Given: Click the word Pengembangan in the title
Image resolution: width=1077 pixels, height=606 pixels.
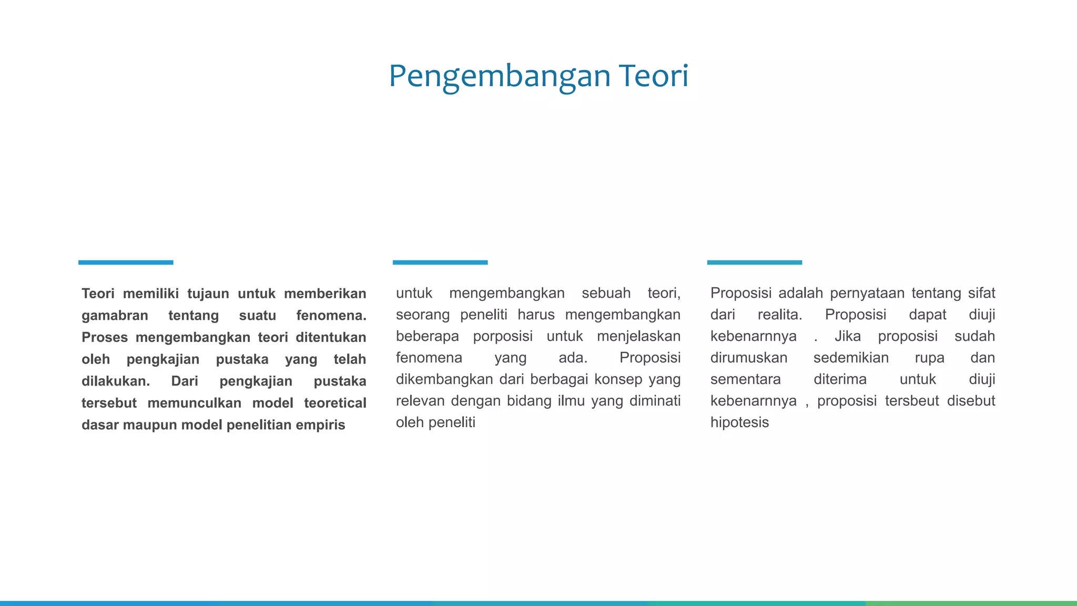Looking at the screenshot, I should click(500, 76).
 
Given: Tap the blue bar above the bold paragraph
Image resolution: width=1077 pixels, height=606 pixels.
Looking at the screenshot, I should click(126, 262).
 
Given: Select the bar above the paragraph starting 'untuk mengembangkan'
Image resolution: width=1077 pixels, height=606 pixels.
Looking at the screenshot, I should click(440, 262).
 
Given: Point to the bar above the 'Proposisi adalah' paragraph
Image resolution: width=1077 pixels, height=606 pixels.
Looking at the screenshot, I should click(754, 262).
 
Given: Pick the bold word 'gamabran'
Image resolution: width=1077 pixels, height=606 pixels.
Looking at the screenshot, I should click(115, 316).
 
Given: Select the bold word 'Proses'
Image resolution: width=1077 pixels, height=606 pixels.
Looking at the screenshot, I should click(104, 337).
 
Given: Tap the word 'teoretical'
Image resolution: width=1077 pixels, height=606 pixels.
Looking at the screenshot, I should click(335, 403).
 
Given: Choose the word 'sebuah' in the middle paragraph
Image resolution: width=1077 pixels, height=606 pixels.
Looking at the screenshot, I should click(606, 293).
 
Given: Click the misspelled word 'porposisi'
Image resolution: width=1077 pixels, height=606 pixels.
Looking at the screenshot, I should click(502, 336).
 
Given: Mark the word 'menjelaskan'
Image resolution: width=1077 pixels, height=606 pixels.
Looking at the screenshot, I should click(638, 336).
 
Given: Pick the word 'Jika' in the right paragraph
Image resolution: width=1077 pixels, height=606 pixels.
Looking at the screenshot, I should click(847, 336).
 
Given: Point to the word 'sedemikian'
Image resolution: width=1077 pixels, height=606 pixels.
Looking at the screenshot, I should click(851, 358).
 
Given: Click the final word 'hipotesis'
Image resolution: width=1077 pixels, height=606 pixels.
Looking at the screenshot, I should click(739, 422).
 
